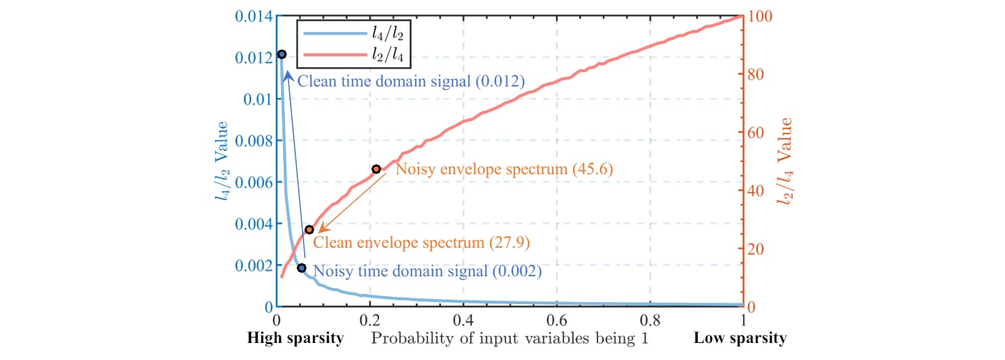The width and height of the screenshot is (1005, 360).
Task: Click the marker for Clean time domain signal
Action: pyautogui.click(x=282, y=54)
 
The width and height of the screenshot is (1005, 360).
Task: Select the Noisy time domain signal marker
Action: pyautogui.click(x=301, y=268)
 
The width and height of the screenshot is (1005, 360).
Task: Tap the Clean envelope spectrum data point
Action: pyautogui.click(x=309, y=229)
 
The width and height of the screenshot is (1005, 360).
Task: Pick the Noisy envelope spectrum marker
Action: pyautogui.click(x=376, y=169)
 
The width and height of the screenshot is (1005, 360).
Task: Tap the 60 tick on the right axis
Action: pyautogui.click(x=756, y=132)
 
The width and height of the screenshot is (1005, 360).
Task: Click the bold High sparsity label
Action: pyautogui.click(x=295, y=338)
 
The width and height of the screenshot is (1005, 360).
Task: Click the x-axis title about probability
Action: pyautogui.click(x=511, y=338)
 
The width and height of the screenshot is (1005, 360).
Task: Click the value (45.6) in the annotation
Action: pyautogui.click(x=590, y=169)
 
